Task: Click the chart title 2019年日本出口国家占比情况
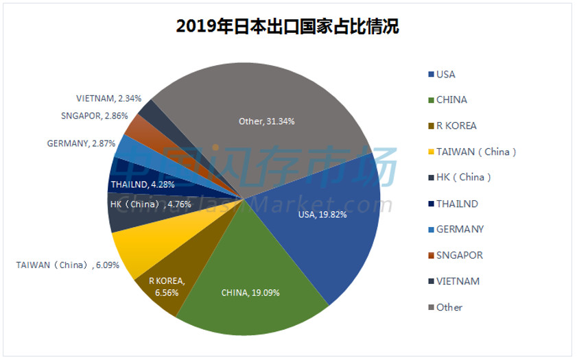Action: (287, 27)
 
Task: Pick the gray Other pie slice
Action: (274, 103)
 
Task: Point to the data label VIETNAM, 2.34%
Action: (109, 98)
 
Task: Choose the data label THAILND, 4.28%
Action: (142, 184)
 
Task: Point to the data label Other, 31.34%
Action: (266, 121)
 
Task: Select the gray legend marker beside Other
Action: (430, 307)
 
